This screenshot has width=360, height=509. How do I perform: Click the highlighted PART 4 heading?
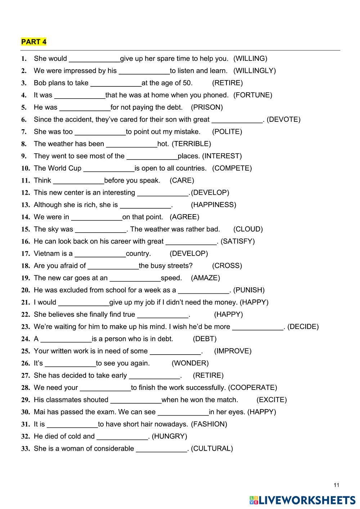(34, 42)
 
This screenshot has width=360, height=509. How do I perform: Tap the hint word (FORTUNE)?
(253, 95)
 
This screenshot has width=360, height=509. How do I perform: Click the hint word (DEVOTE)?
(284, 120)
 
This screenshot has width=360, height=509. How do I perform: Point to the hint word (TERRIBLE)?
(191, 144)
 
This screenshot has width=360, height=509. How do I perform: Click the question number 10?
(25, 168)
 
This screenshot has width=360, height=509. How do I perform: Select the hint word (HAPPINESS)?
(213, 205)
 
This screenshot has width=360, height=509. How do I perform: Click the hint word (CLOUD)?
(248, 229)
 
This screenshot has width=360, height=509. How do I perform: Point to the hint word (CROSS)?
(227, 266)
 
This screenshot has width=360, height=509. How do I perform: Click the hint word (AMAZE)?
(205, 278)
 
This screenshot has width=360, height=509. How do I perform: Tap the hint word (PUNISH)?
(249, 290)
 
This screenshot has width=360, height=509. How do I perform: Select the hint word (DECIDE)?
(303, 327)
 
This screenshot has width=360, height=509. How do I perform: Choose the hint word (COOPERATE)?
(253, 388)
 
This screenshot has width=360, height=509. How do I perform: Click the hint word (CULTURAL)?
(212, 449)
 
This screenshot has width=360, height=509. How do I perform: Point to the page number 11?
(336, 485)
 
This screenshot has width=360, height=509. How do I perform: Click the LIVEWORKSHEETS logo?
(302, 500)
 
